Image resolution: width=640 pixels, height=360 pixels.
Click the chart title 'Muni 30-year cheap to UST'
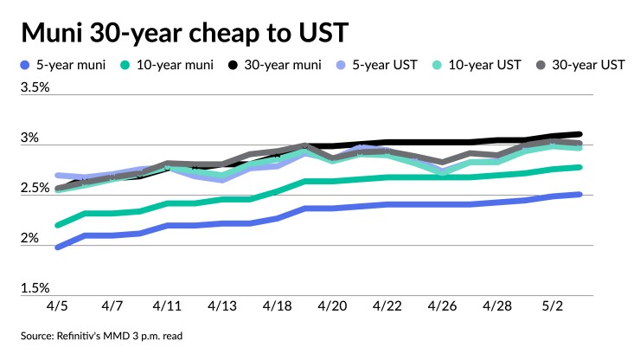point(186,33)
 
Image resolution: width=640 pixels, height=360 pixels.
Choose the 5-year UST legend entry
point(385,66)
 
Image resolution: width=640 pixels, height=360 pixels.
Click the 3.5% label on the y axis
point(35,87)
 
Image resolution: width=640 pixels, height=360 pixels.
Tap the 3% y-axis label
point(30,138)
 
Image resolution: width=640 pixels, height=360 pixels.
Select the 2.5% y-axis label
point(35,188)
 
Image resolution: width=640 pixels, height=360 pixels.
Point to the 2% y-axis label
point(30,238)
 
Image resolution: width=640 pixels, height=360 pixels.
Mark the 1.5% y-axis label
point(35,288)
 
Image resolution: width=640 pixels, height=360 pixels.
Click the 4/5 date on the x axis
point(58,306)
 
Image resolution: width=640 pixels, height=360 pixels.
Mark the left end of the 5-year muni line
point(58,247)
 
